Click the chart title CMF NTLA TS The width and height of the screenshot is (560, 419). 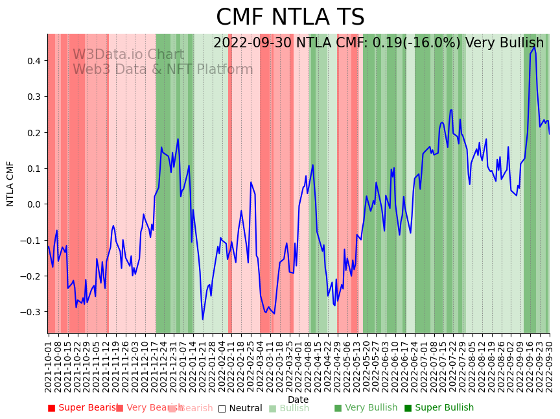[x=290, y=18]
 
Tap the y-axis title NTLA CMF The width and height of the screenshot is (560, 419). [x=10, y=184]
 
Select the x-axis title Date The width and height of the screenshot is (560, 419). [x=298, y=400]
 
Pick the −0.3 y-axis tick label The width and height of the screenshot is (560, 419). [x=30, y=312]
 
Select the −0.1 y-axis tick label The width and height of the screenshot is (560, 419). [x=30, y=241]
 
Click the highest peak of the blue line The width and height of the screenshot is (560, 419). [x=534, y=47]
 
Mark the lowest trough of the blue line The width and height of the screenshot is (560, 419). [x=202, y=319]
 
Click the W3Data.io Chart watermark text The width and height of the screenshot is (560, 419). [x=128, y=54]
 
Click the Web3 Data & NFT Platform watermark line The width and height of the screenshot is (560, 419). [x=163, y=69]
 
